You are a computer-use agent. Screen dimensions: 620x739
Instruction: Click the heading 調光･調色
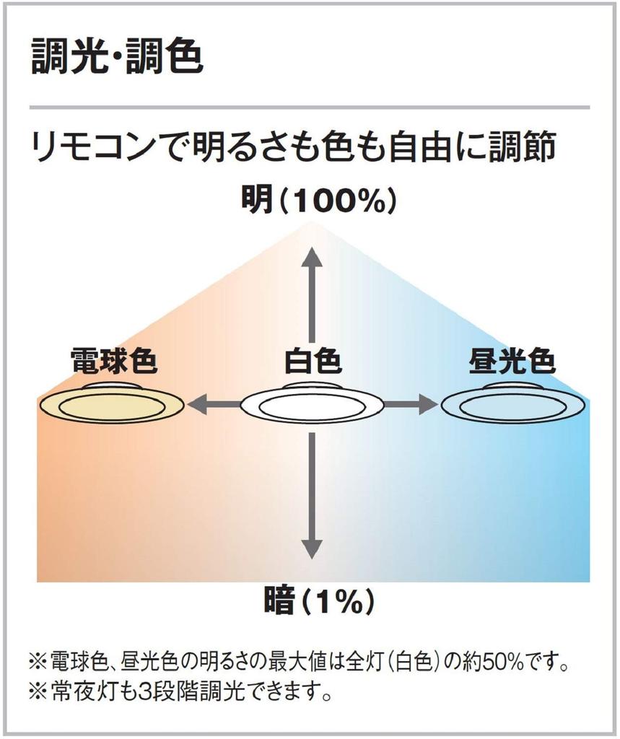click(117, 57)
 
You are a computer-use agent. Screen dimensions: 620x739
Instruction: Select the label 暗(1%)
click(319, 601)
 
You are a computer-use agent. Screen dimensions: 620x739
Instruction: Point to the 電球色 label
click(113, 361)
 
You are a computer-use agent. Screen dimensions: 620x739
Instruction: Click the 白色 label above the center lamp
click(313, 361)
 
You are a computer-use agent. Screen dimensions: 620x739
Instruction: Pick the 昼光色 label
click(512, 361)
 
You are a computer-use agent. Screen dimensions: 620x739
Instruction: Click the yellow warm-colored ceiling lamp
click(111, 403)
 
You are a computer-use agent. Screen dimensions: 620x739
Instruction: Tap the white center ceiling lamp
click(312, 403)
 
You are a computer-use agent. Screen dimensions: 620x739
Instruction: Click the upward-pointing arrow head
click(312, 258)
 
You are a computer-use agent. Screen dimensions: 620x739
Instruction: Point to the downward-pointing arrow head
click(312, 548)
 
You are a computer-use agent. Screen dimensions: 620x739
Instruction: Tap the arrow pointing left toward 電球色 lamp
click(214, 404)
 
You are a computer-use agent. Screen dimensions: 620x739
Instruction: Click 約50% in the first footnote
click(496, 663)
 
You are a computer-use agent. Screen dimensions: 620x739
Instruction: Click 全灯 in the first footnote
click(365, 663)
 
